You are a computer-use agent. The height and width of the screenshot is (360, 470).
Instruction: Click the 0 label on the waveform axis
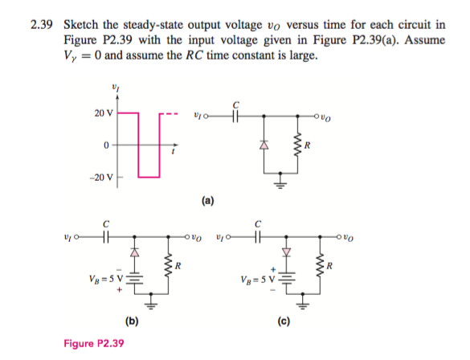tap(105, 145)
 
